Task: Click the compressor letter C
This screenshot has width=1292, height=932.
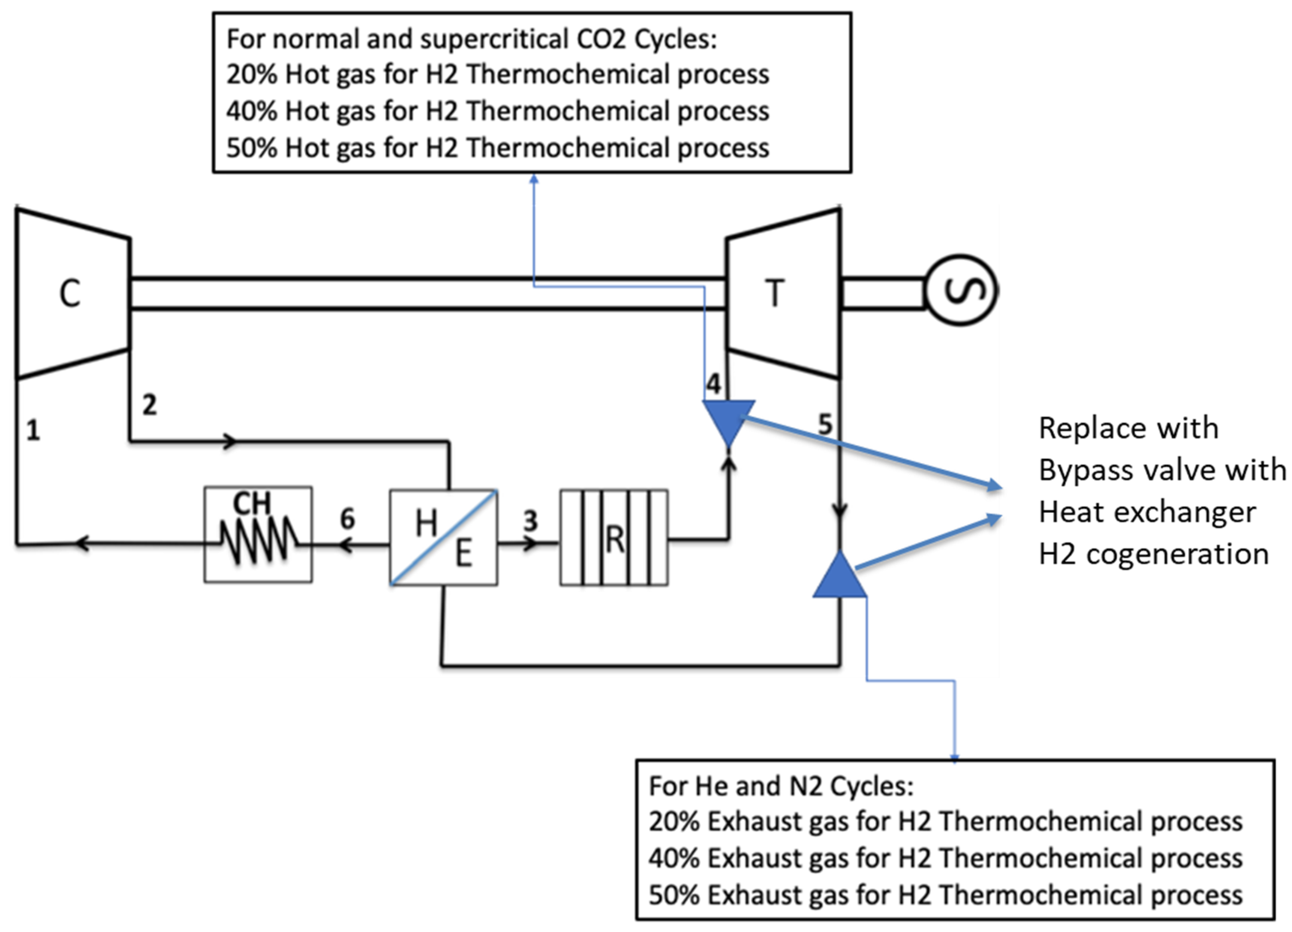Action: (70, 293)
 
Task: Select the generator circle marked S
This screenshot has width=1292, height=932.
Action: (961, 290)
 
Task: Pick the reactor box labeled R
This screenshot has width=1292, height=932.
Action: (614, 538)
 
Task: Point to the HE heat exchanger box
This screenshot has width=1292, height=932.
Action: (443, 538)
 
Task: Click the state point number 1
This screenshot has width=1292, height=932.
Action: (33, 430)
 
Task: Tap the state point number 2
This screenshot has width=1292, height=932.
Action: (149, 405)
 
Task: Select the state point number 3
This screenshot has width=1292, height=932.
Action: (531, 521)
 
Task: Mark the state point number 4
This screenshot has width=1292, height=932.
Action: (713, 384)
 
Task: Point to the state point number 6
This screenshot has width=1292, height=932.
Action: (348, 519)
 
